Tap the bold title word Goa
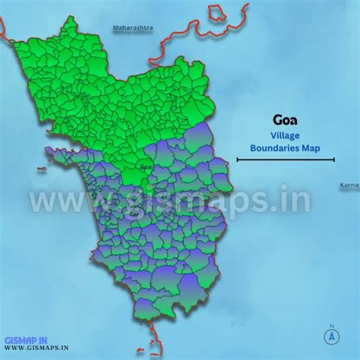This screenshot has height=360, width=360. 285,120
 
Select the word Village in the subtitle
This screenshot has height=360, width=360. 286,135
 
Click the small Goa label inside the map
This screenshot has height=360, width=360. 147,166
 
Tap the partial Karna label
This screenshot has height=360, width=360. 349,185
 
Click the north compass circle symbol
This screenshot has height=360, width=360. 332,336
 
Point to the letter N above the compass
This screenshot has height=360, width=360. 332,324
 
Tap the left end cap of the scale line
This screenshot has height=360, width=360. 238,160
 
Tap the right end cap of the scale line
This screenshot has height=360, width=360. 334,160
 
